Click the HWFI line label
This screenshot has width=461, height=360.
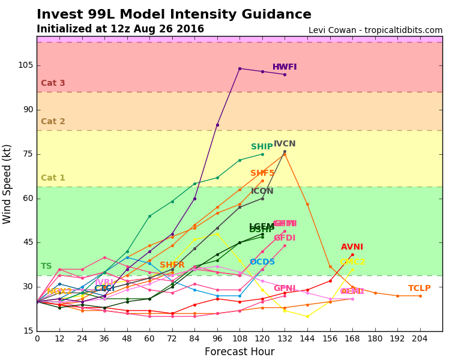(x=285, y=67)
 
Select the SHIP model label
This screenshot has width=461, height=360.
(x=262, y=147)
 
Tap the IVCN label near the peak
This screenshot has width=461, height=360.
(x=285, y=144)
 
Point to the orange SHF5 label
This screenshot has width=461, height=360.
(x=262, y=173)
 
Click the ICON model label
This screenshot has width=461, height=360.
(x=262, y=191)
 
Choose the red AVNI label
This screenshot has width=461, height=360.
(x=352, y=247)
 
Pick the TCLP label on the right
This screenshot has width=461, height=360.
(x=420, y=289)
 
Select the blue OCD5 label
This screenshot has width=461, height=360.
(x=262, y=262)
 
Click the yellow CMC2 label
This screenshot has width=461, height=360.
(x=352, y=262)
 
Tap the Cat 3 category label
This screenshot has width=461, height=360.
(x=53, y=83)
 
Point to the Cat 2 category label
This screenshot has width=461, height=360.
(x=53, y=122)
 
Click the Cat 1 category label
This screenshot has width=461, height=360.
(x=53, y=178)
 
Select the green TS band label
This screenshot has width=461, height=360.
(x=46, y=266)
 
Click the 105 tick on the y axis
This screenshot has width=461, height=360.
(x=25, y=65)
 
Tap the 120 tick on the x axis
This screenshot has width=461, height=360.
(x=262, y=338)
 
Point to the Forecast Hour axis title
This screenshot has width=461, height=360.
(x=240, y=352)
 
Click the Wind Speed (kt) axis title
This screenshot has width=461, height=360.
(x=8, y=184)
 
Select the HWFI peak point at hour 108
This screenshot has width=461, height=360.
(x=240, y=68)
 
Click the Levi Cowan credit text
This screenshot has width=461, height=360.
(x=375, y=31)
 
